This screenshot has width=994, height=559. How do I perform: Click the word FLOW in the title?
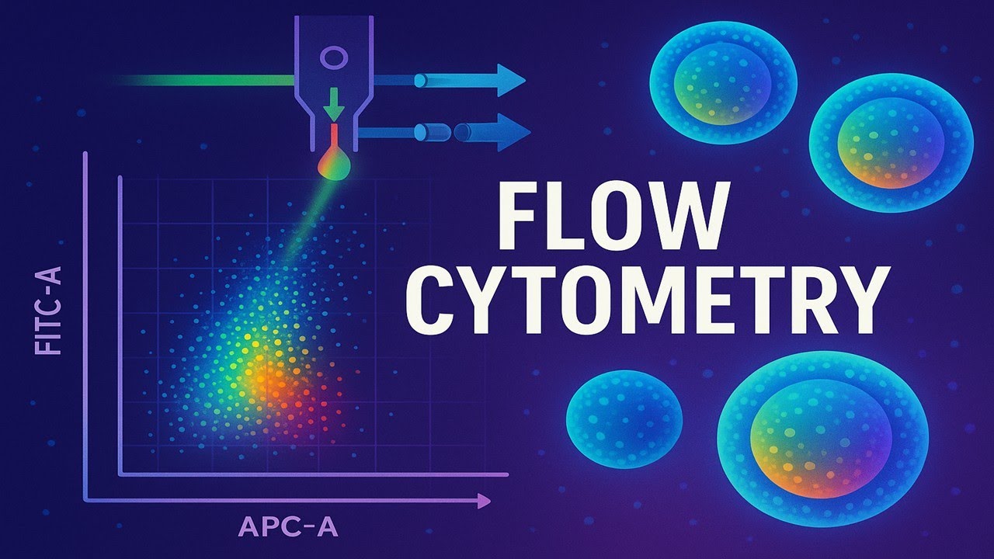pyautogui.click(x=614, y=217)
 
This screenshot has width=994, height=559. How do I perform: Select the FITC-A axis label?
pyautogui.click(x=47, y=311)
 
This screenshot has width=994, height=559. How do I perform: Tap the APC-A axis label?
pyautogui.click(x=288, y=527)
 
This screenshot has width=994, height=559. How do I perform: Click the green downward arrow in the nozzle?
pyautogui.click(x=334, y=104)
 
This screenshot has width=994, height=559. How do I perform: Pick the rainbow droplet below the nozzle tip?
pyautogui.click(x=335, y=164)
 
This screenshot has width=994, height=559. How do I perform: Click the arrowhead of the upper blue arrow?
pyautogui.click(x=511, y=80)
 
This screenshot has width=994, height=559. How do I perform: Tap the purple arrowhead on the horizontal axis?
pyautogui.click(x=484, y=502)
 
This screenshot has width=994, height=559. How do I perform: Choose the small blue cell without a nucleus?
pyautogui.click(x=624, y=419)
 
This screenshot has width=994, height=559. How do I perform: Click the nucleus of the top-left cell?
pyautogui.click(x=717, y=83)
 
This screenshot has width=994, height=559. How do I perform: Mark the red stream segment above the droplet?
pyautogui.click(x=334, y=137)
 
